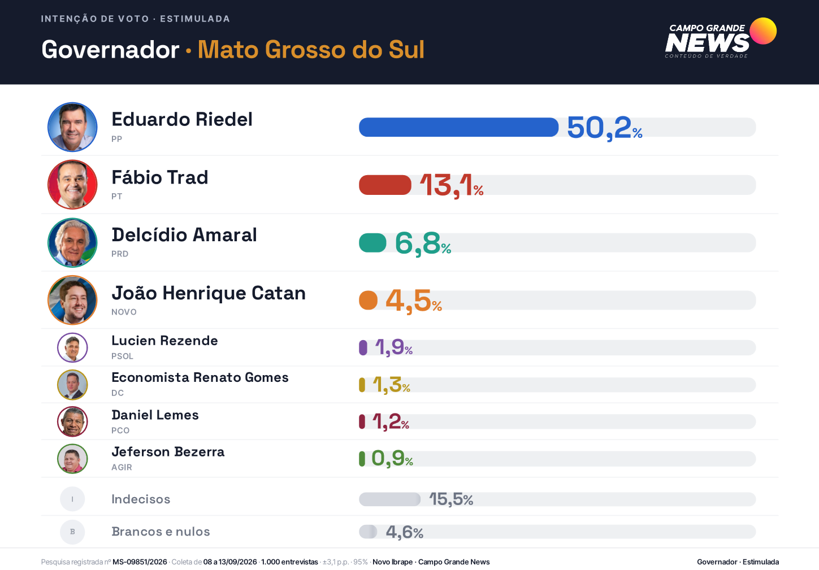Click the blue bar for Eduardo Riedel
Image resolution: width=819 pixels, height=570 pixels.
[458, 127]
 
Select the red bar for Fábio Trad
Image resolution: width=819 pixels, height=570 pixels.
[385, 185]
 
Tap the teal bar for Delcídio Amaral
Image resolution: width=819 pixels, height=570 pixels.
[372, 242]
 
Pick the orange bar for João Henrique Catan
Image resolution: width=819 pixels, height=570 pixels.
[368, 301]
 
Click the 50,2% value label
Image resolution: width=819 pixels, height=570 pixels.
[604, 128]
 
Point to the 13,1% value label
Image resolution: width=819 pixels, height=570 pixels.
[452, 186]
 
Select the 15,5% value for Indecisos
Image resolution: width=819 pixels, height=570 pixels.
[451, 499]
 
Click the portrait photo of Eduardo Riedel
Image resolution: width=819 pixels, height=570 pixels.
[72, 127]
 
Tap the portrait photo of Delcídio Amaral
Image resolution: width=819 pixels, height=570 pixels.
[72, 242]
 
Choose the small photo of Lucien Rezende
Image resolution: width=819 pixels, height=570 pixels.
[72, 347]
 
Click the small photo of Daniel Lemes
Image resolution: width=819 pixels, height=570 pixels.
[72, 421]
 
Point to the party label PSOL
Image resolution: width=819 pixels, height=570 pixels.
[122, 356]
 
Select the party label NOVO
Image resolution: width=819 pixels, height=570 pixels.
[124, 312]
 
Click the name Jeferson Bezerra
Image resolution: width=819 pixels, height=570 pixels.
[168, 452]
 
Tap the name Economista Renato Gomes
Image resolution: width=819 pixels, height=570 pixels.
[200, 377]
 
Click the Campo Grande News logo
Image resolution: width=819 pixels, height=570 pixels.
[721, 38]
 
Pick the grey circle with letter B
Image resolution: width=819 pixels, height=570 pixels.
[72, 532]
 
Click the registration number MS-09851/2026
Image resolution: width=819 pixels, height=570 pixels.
[140, 562]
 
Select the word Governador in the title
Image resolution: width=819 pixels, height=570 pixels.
[110, 49]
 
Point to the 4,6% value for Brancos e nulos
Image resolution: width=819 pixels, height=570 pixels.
[404, 532]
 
